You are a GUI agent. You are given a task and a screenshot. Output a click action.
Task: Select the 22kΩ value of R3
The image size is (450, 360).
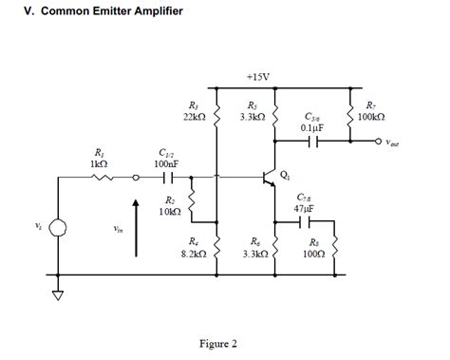(193, 116)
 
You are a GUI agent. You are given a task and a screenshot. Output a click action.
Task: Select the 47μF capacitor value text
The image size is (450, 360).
(305, 206)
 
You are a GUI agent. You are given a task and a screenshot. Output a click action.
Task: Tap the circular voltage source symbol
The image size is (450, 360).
(59, 227)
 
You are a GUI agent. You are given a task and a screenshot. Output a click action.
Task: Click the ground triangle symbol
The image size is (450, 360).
(59, 294)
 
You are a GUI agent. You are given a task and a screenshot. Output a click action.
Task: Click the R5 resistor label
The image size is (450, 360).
(252, 104)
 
